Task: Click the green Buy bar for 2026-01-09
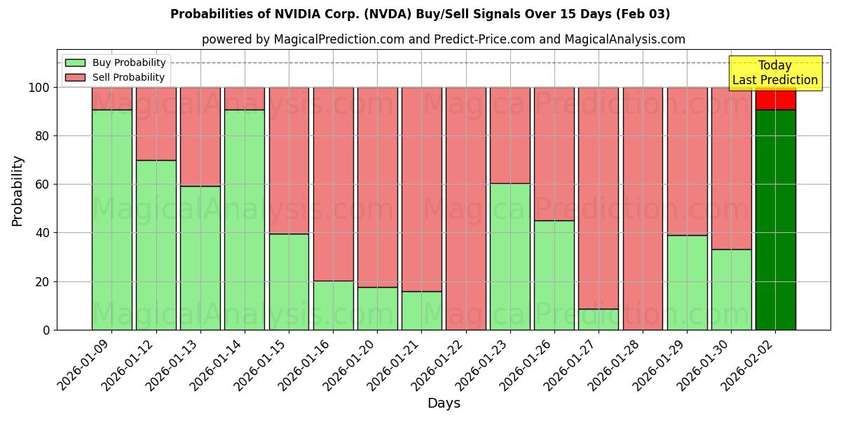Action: pos(111,220)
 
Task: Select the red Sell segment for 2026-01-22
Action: pos(466,208)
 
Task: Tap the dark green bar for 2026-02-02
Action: pos(775,220)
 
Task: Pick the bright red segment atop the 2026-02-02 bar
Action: pos(775,100)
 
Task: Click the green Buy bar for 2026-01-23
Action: pos(510,256)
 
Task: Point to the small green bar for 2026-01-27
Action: pos(599,319)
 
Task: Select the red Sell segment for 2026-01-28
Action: pos(643,208)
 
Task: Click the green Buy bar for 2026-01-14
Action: pos(245,220)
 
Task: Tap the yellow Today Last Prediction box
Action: pos(774,73)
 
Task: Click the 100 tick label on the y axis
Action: pos(39,88)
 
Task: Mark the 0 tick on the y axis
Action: pos(46,330)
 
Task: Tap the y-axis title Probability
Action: pos(18,191)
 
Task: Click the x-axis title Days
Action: pos(444,403)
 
